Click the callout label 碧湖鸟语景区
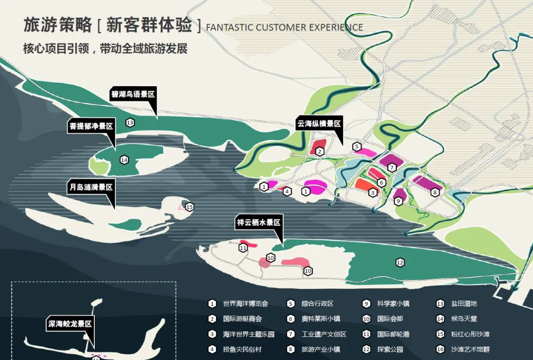click(x=133, y=94)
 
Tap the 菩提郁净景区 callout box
click(x=91, y=126)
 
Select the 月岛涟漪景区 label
click(x=91, y=188)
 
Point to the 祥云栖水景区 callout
click(x=259, y=223)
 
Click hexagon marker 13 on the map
click(x=130, y=123)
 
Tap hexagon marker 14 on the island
click(x=124, y=160)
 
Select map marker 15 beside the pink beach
click(x=190, y=207)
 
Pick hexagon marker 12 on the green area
click(x=400, y=262)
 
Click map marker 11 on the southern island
click(x=243, y=248)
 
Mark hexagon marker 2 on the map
click(x=320, y=151)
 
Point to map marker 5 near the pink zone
click(x=357, y=146)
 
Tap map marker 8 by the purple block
click(x=435, y=193)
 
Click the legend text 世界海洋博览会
click(x=245, y=304)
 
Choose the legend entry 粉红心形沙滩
click(x=470, y=334)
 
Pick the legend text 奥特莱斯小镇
click(x=321, y=319)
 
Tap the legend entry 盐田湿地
click(x=464, y=304)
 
